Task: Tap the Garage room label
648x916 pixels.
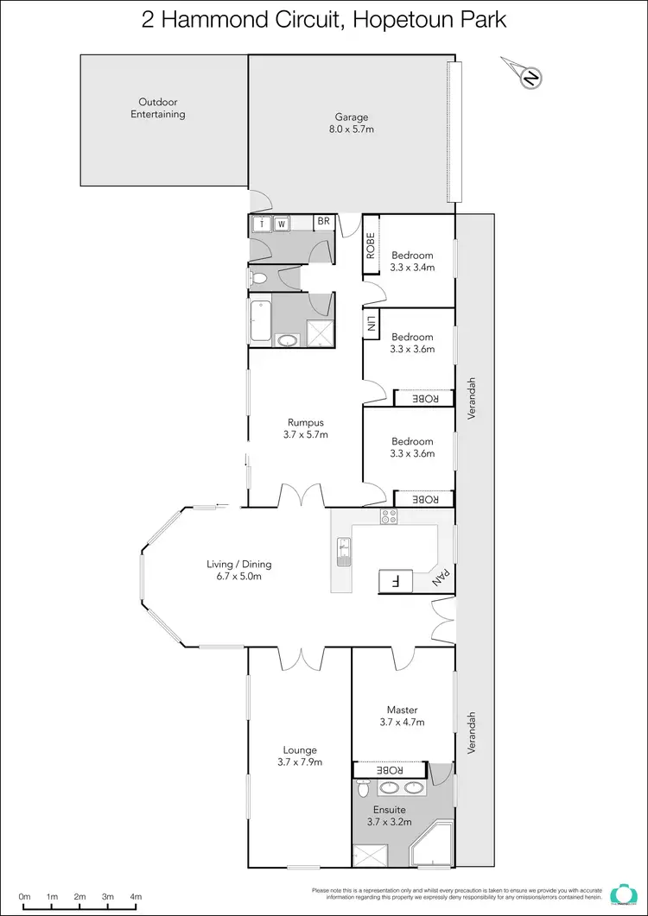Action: (352, 117)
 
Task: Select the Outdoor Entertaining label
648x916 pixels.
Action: (158, 108)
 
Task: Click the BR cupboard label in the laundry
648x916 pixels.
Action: (324, 222)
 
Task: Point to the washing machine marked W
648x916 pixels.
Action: (281, 224)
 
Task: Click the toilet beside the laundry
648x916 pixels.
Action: (260, 278)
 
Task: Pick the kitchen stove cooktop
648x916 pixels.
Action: (389, 517)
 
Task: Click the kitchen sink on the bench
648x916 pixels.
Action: (343, 550)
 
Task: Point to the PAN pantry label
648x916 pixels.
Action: (442, 577)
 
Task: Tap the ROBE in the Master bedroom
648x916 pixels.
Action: (389, 769)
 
